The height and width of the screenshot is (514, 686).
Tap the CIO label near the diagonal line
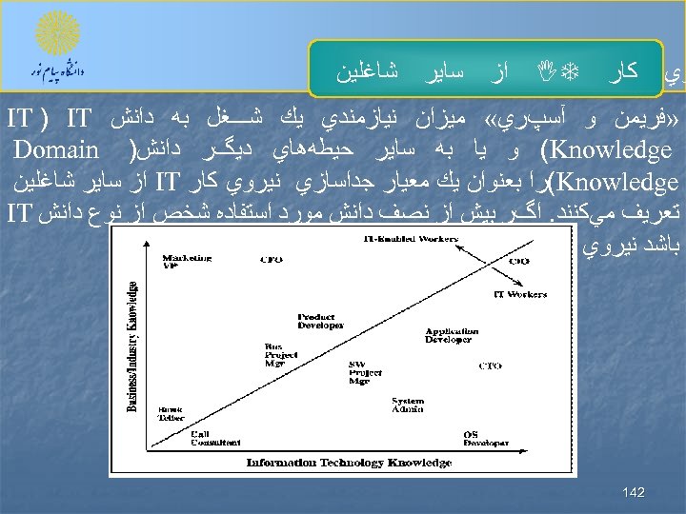519,260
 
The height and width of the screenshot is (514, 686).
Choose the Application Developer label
449,334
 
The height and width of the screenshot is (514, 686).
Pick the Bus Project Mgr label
274,355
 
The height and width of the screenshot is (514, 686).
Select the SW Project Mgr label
359,372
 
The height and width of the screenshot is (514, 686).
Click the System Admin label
407,405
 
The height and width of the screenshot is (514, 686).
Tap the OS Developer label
486,439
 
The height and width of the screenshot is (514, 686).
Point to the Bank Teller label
171,412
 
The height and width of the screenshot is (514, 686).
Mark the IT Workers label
519,294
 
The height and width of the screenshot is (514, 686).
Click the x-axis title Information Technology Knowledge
349,463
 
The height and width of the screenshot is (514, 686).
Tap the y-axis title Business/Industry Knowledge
133,346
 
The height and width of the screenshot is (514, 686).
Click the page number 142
633,492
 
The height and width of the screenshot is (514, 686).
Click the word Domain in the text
57,149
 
